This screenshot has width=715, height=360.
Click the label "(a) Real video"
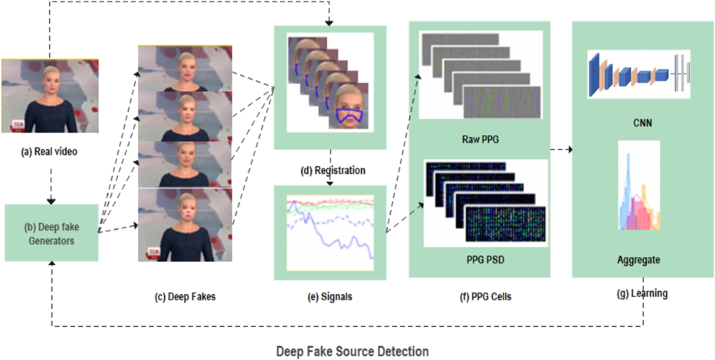49,151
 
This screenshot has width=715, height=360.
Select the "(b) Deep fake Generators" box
51,233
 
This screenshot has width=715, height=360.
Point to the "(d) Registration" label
332,170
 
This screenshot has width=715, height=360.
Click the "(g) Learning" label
643,293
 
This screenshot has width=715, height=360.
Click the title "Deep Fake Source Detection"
352,352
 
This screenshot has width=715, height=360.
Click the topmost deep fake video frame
185,69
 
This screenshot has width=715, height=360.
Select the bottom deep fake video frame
185,225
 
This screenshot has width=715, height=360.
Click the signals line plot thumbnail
330,232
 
